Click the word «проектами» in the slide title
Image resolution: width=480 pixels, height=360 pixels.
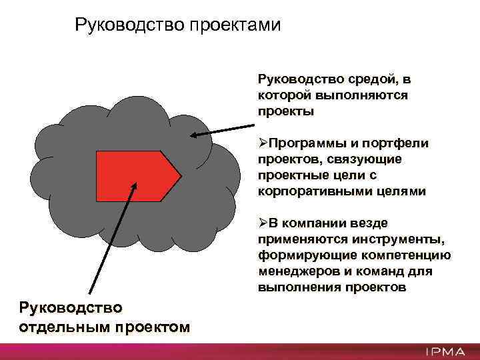[x=236, y=25]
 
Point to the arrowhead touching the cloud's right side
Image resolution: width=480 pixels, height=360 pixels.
[x=194, y=136]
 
